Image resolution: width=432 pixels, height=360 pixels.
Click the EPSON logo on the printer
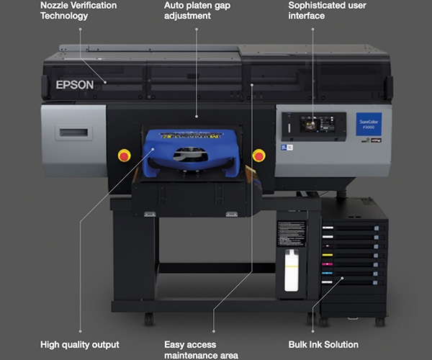tap(75, 84)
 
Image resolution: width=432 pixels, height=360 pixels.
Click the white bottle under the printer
tap(292, 271)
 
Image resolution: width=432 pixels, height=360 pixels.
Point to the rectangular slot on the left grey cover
tap(74, 133)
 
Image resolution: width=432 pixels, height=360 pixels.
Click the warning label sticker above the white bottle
tap(292, 233)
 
